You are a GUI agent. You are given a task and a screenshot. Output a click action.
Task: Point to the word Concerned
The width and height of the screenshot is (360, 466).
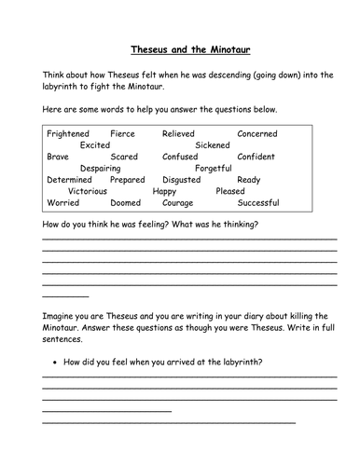coord(257,134)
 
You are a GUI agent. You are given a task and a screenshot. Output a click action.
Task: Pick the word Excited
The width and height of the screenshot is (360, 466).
coord(95,145)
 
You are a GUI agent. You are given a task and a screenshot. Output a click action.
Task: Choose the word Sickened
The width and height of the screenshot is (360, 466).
coord(215,145)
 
